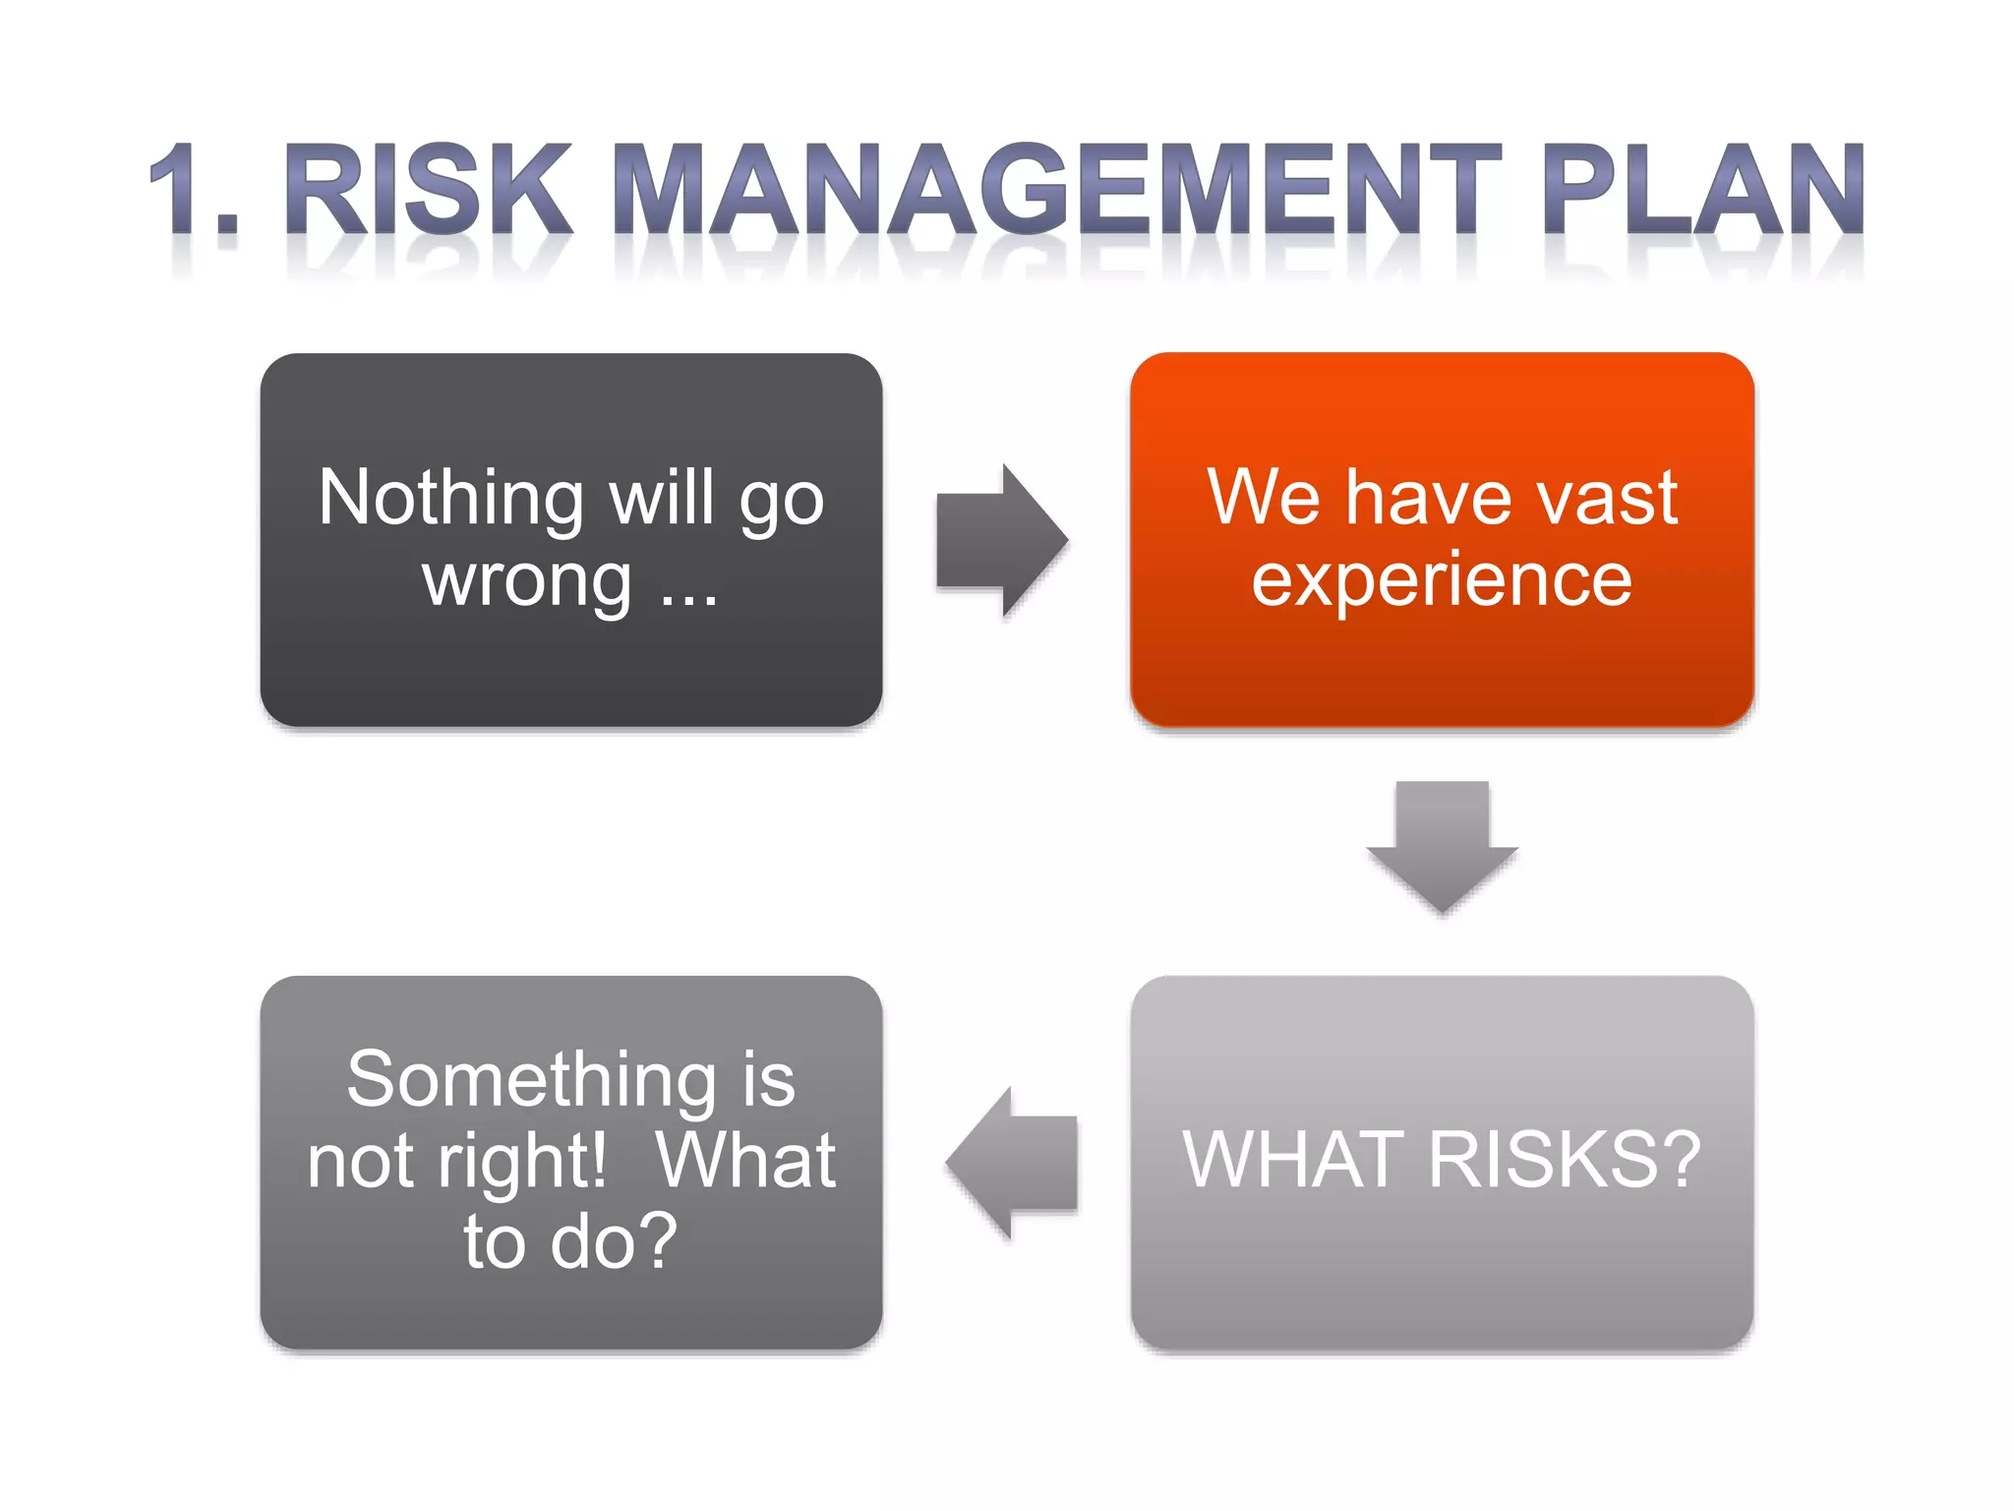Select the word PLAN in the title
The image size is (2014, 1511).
[1702, 189]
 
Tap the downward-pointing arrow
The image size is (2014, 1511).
[1442, 847]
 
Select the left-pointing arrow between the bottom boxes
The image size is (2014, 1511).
[1012, 1162]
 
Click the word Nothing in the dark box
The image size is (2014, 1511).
[451, 499]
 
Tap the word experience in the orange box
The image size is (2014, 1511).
[1442, 580]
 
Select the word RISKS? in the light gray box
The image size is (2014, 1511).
[1564, 1160]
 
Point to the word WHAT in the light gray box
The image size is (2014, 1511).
[1294, 1160]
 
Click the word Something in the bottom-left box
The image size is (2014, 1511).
[531, 1079]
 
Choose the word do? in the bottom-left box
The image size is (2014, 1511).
[614, 1241]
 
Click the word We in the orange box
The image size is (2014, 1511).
[1264, 498]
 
